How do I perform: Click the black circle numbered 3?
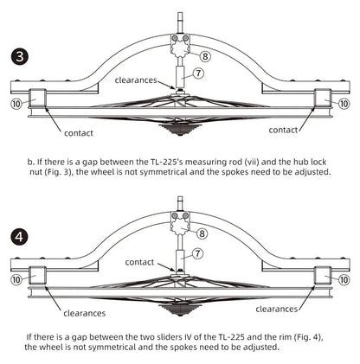point(20,56)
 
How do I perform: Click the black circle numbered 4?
point(20,237)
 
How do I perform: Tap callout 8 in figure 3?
point(205,56)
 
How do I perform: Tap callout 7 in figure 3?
point(198,73)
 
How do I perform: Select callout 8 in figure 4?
point(202,233)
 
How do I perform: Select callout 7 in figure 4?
point(197,253)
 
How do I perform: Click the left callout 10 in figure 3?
point(16,104)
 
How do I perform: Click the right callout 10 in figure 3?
point(344,104)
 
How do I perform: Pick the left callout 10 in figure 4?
point(16,279)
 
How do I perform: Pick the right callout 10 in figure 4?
point(344,279)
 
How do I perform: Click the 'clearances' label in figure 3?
point(136,80)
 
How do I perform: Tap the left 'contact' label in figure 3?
point(79,133)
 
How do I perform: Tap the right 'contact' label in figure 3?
point(283,130)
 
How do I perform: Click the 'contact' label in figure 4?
point(139,262)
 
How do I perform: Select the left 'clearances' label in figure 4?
point(85,313)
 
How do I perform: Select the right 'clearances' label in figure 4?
point(277,309)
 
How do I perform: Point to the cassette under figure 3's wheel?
point(180,129)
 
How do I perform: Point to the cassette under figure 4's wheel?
point(180,310)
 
